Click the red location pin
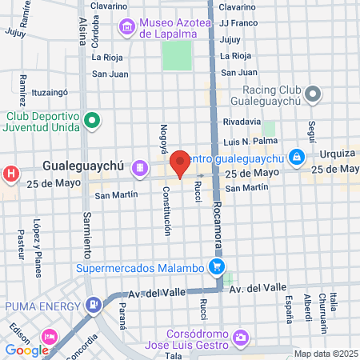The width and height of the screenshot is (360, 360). click(181, 163)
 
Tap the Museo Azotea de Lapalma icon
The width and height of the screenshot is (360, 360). click(127, 28)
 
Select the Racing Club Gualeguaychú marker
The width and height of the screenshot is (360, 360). click(314, 95)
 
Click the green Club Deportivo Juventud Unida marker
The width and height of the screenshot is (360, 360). click(93, 122)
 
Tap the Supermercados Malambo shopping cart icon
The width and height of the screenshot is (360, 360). click(215, 266)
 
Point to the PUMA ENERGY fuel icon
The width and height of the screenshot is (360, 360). click(95, 304)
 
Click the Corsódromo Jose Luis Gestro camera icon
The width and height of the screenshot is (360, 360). click(241, 338)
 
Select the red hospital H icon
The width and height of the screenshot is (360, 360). click(10, 173)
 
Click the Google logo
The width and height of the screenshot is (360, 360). click(26, 350)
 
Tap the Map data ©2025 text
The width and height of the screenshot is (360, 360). click(326, 354)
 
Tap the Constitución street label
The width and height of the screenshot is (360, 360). click(167, 211)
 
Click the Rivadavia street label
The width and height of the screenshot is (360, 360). click(242, 122)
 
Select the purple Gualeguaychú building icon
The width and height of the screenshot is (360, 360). click(140, 168)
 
